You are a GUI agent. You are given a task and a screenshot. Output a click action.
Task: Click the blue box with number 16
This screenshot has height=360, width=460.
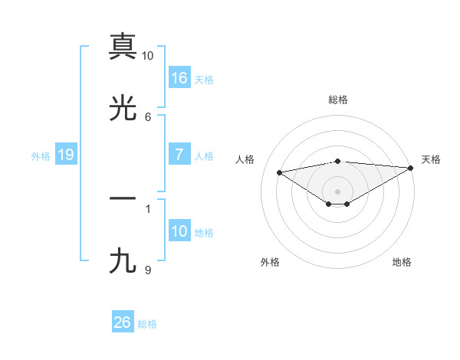[179, 77]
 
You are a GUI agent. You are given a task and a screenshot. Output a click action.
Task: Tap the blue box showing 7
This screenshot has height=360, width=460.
[179, 155]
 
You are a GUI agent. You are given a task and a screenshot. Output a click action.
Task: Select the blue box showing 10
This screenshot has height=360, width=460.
[179, 231]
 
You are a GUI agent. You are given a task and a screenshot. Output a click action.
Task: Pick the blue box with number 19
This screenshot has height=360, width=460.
[66, 155]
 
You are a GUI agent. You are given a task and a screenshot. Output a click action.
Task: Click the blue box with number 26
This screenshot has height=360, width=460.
[123, 322]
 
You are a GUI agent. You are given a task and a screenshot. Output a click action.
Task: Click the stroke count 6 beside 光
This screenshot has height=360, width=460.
[148, 116]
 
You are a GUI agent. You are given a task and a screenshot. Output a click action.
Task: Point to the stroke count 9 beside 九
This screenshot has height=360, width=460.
[148, 270]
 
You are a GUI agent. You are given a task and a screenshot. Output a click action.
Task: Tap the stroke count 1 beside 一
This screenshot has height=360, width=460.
[148, 206]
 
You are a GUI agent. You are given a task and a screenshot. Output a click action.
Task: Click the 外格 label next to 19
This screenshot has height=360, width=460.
[41, 155]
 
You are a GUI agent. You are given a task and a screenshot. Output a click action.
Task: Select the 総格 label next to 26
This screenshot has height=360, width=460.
[147, 323]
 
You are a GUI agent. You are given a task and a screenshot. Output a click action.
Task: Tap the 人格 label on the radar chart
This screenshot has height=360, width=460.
[246, 159]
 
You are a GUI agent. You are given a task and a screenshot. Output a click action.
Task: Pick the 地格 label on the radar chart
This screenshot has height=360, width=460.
[402, 262]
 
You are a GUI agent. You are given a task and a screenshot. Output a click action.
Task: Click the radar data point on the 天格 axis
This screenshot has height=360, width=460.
[412, 168]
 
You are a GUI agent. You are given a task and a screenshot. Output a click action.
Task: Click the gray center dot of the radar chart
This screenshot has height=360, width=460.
[338, 191]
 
